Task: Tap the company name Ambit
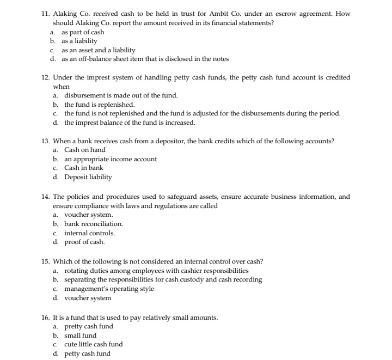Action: coord(218,14)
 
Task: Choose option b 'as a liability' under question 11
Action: coord(79,41)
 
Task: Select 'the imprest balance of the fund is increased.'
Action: coord(130,122)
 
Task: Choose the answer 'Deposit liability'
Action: coord(88,176)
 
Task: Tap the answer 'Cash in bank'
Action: coord(84,168)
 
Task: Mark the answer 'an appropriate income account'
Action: coord(111,158)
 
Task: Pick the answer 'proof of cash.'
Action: coord(84,242)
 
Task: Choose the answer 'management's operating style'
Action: coord(109,289)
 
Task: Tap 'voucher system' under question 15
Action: coord(88,298)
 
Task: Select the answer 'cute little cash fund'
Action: coord(93,344)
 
